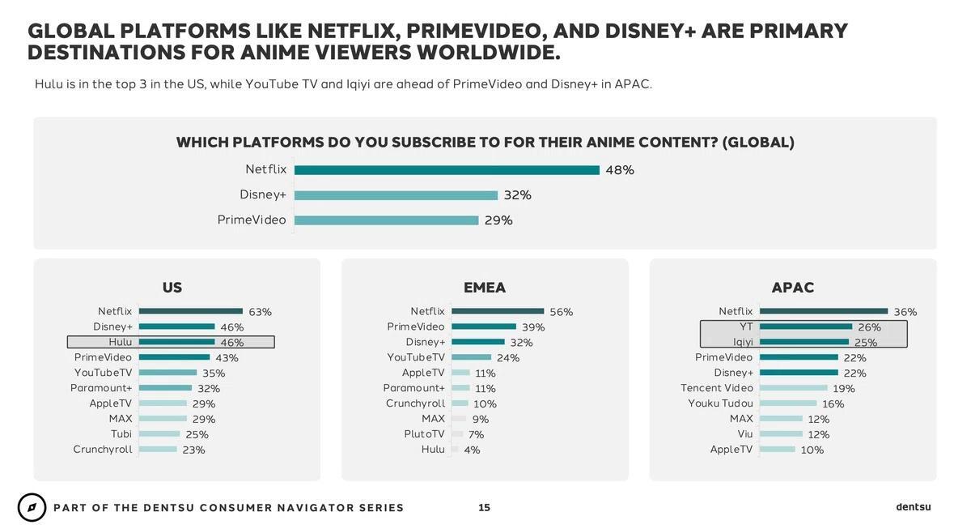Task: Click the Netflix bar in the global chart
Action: point(447,170)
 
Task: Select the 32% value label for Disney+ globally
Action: point(517,195)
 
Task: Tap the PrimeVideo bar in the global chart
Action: point(387,220)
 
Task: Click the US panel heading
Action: point(172,288)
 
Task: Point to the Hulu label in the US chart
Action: point(120,343)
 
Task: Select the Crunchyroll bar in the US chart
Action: point(158,450)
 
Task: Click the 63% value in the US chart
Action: point(260,312)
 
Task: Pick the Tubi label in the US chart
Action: point(121,434)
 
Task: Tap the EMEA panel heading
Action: point(485,288)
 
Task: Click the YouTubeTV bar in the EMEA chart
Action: point(472,357)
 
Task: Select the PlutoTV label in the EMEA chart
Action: point(425,434)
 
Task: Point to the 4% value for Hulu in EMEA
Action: point(472,450)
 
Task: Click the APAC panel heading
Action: point(793,288)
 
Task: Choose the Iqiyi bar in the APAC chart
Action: point(804,342)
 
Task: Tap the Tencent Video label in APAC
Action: point(717,388)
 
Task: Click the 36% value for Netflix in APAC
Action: point(905,312)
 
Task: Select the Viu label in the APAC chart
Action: point(745,434)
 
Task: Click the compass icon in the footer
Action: point(32,508)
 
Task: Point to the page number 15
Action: point(484,508)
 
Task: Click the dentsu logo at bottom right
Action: point(914,507)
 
